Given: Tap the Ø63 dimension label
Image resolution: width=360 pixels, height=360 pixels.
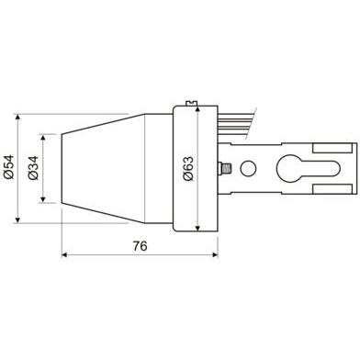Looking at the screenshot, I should pos(188,165).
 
